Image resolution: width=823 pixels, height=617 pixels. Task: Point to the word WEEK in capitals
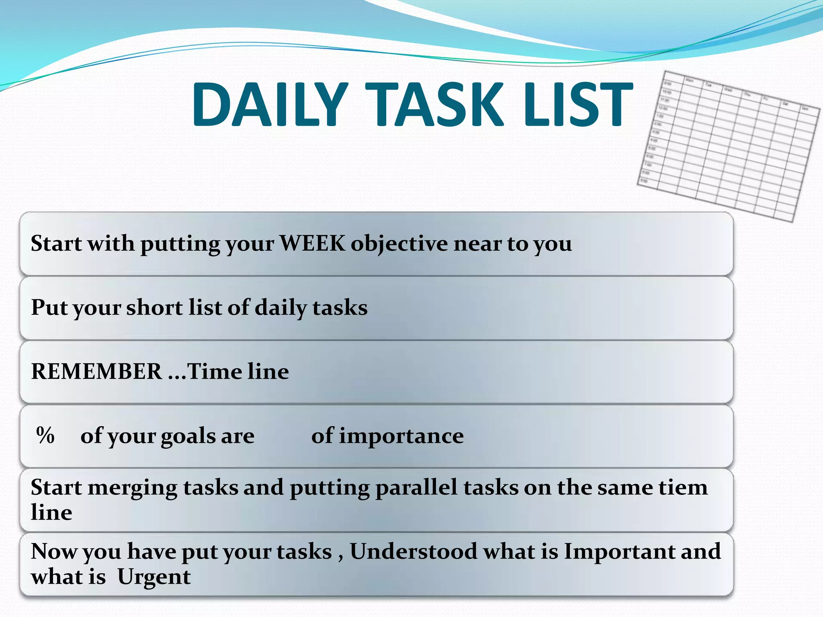(x=312, y=243)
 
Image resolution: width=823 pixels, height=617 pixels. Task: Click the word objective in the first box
(x=399, y=244)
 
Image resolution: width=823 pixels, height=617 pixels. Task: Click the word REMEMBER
(x=96, y=371)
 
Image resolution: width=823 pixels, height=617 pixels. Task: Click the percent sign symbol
(x=45, y=435)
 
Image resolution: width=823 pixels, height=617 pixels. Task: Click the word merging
(x=132, y=488)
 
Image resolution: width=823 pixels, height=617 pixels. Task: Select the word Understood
(x=413, y=551)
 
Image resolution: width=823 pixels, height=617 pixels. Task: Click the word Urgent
(x=154, y=577)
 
